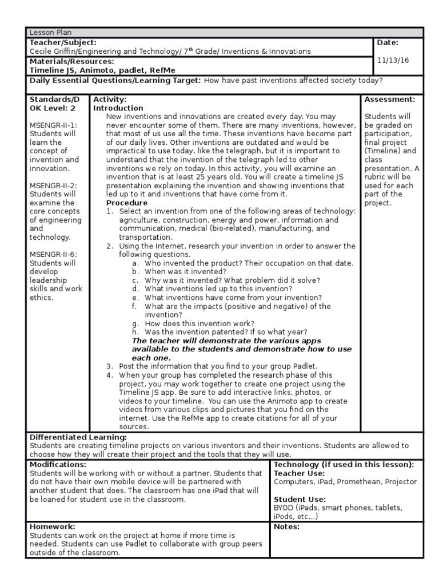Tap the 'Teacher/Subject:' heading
pos(62,42)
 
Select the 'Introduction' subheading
pos(118,108)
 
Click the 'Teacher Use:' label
pos(300,473)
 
